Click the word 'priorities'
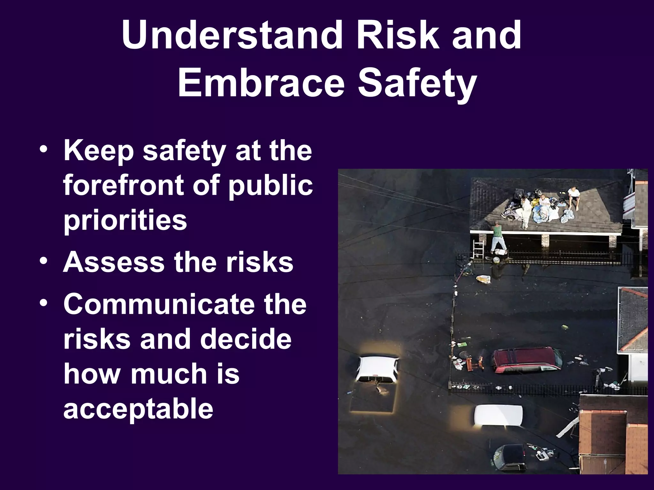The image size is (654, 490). tap(125, 220)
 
